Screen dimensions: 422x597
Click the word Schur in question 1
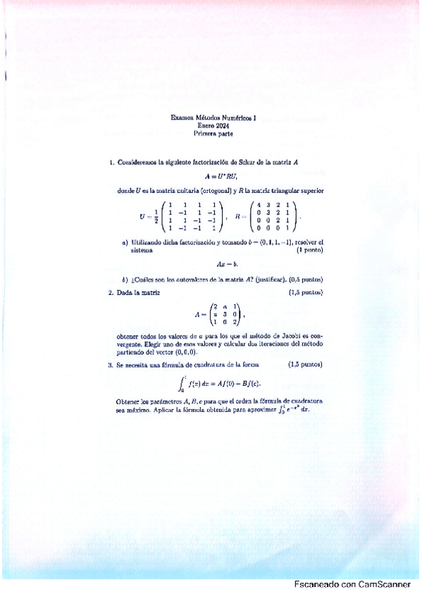[x=246, y=162]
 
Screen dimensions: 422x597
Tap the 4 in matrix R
[x=260, y=205]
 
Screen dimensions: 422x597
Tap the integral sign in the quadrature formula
[x=181, y=384]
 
